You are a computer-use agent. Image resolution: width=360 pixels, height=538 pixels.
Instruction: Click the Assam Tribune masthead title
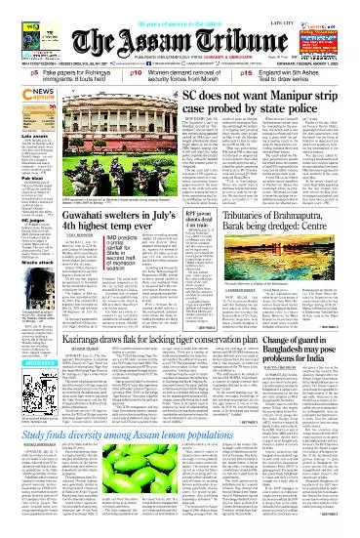(x=179, y=28)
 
